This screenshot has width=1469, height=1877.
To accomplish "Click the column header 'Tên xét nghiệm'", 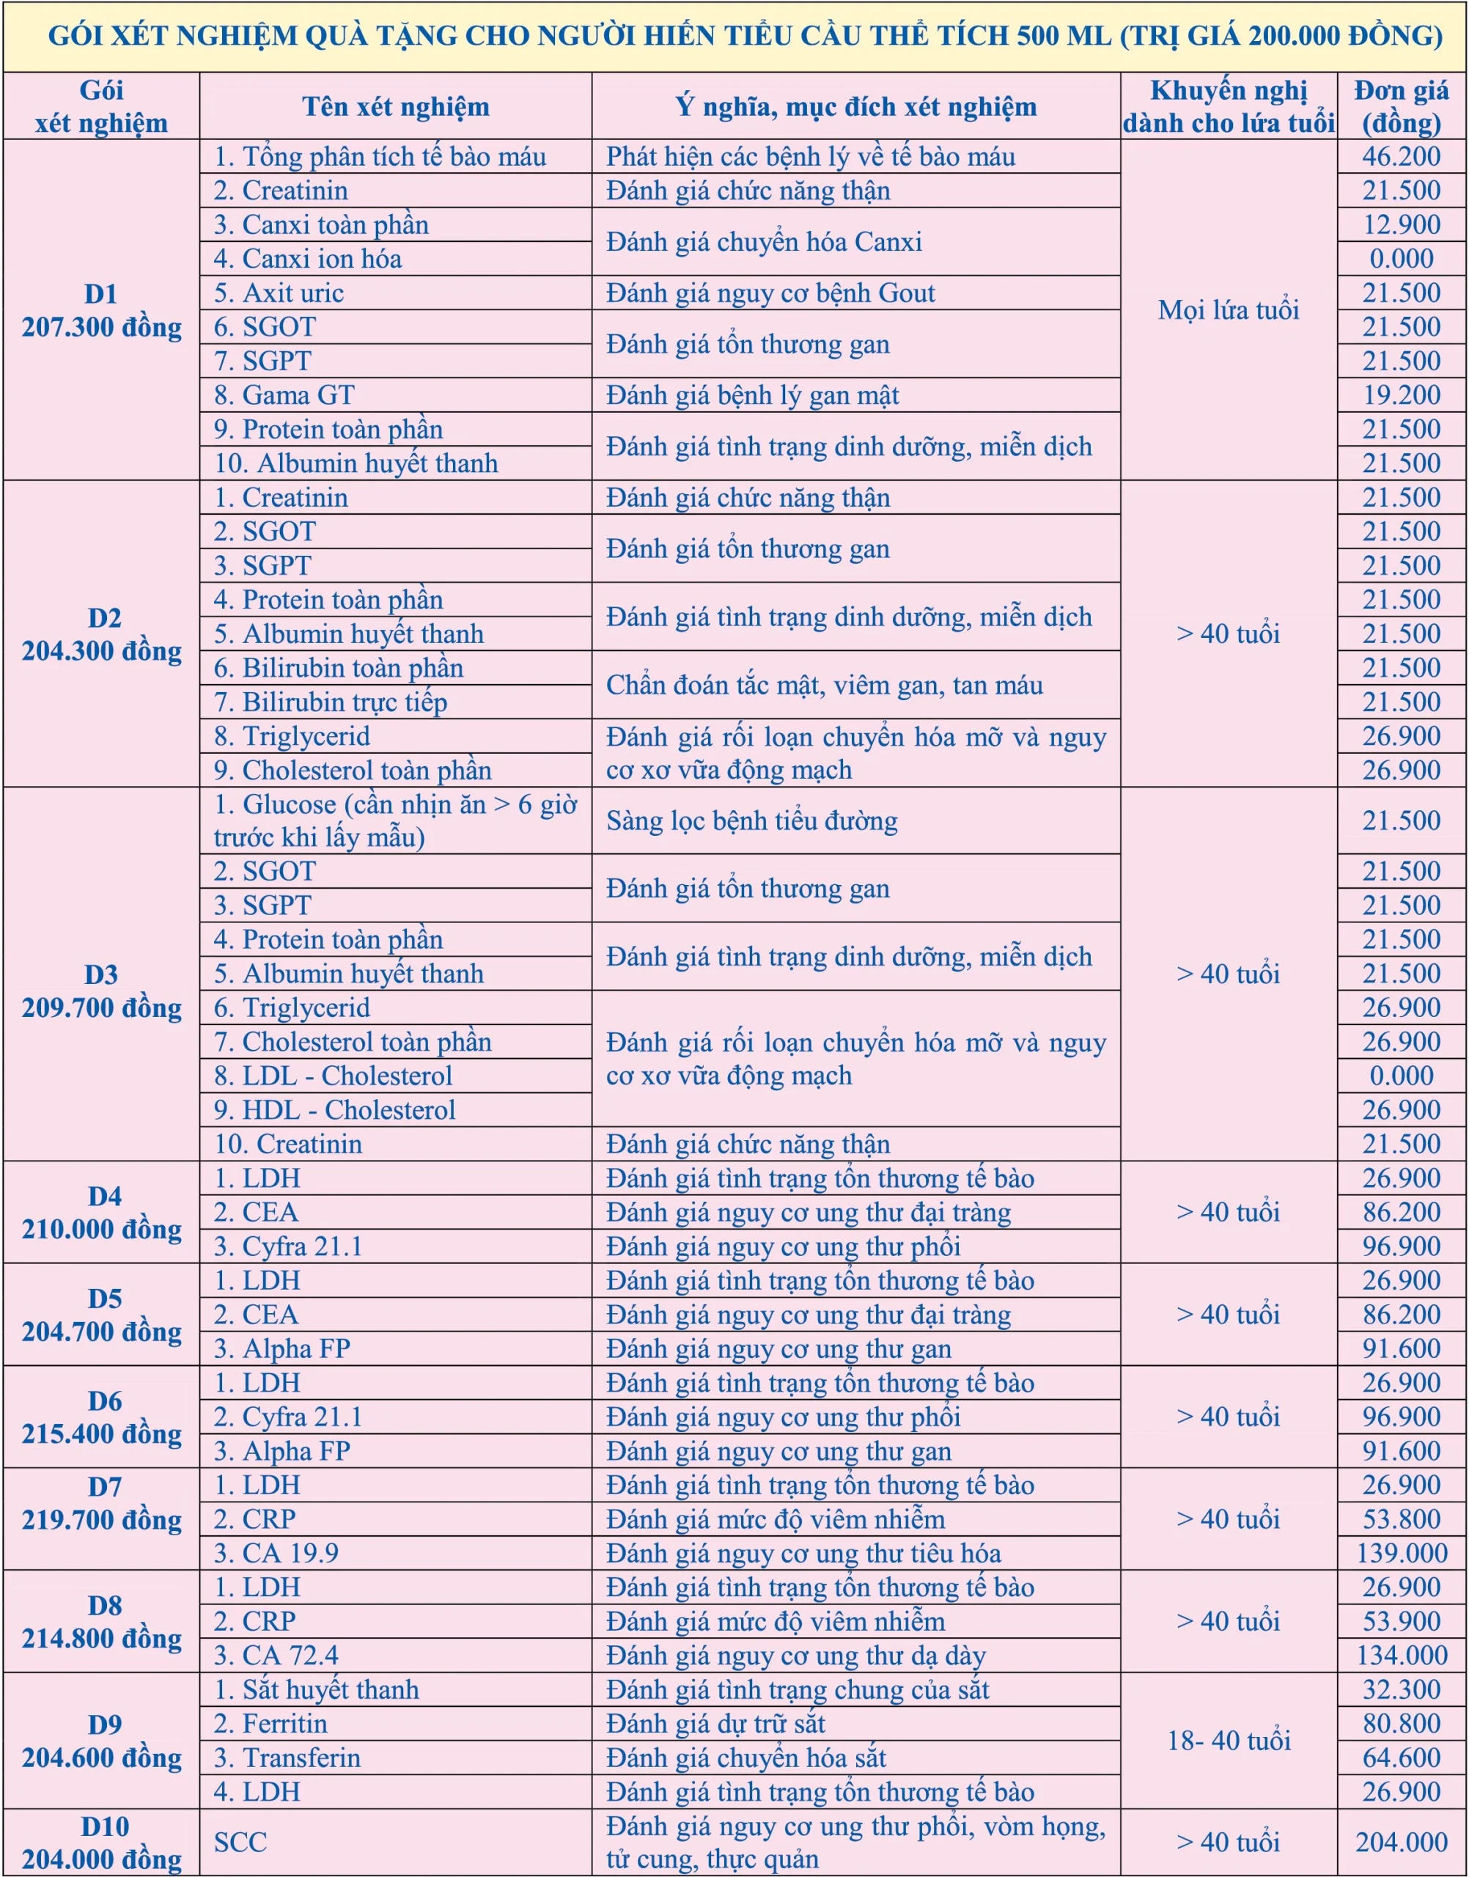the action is tap(395, 106).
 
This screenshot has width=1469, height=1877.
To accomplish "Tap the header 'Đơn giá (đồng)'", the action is tap(1401, 106).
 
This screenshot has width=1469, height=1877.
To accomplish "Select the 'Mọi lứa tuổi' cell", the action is tap(1228, 309).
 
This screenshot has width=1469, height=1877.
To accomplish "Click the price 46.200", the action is tap(1401, 157).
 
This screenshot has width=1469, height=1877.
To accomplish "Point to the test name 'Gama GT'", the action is tap(298, 395).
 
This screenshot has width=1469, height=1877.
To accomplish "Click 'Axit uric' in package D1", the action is tap(292, 293).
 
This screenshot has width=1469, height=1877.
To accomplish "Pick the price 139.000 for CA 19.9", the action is tap(1401, 1553).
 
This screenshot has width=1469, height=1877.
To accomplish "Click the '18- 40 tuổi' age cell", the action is tap(1228, 1740).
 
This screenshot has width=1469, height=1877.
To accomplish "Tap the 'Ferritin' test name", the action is tap(284, 1723).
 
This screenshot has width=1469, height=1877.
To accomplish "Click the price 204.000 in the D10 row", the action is tap(1401, 1842).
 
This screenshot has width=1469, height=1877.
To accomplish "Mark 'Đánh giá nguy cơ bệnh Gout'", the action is tap(770, 293).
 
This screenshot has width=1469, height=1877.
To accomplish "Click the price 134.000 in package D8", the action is tap(1401, 1655).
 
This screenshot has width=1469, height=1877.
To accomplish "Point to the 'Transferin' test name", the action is tap(301, 1757).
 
